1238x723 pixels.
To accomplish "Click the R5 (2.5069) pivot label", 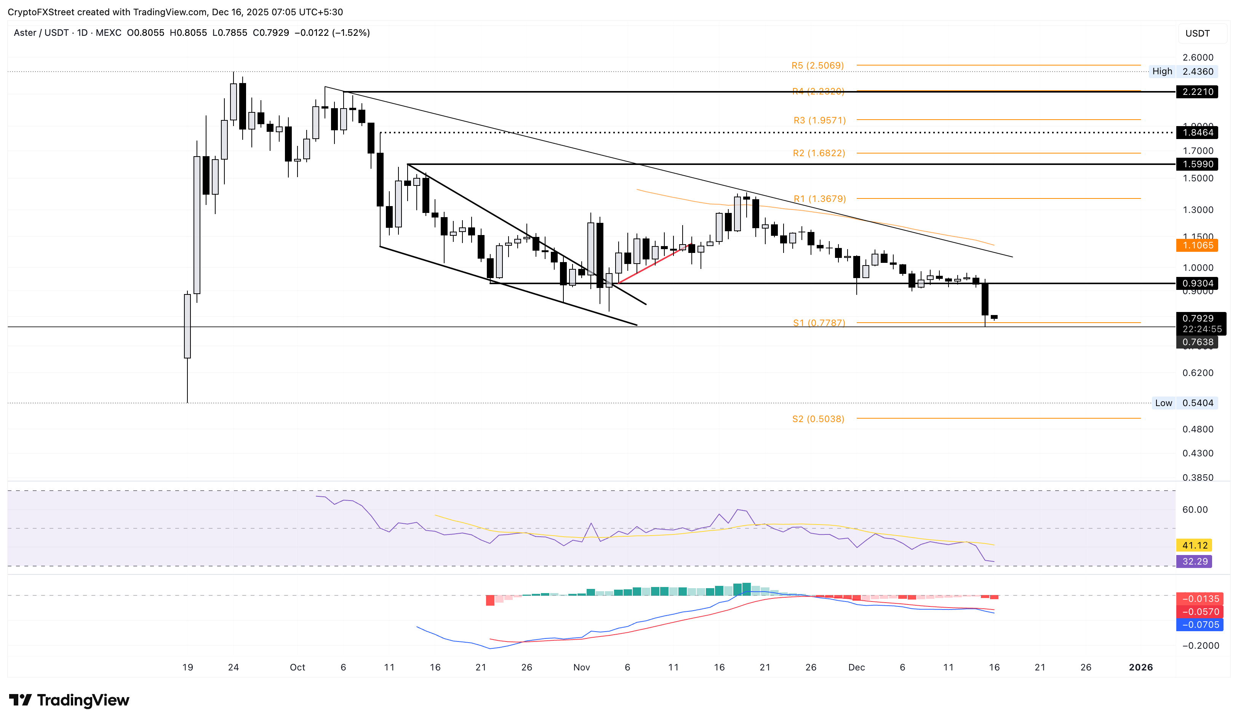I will (x=817, y=65).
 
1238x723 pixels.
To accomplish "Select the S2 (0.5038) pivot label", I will (x=818, y=419).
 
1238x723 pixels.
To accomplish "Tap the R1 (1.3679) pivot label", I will (x=819, y=199).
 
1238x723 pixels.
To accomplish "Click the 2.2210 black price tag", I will (x=1197, y=92).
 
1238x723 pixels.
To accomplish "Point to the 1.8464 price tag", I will (x=1197, y=133).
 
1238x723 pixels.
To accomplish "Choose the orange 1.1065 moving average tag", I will (x=1197, y=245).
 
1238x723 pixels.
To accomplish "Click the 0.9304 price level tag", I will (x=1197, y=283).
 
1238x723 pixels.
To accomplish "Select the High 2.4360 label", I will (x=1183, y=72).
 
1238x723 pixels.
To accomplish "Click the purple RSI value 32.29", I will (x=1194, y=561).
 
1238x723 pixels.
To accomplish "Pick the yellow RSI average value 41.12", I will (x=1194, y=545).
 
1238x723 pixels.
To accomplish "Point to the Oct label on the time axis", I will (x=297, y=667).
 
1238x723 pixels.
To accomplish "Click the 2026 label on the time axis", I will (x=1140, y=667).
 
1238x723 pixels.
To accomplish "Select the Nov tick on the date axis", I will (x=581, y=667).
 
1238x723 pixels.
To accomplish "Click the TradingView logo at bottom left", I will (x=69, y=700).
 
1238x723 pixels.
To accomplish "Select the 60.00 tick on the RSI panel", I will (x=1194, y=510).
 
